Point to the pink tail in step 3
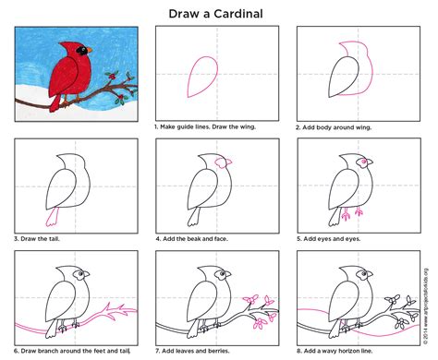57,216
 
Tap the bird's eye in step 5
356,164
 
